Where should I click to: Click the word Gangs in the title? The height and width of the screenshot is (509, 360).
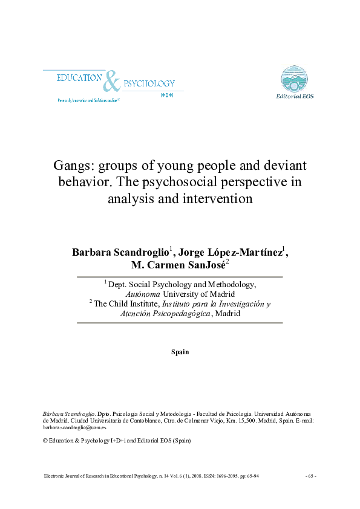71,166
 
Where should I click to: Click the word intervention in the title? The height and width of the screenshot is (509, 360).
218,197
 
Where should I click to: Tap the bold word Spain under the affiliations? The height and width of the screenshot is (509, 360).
180,352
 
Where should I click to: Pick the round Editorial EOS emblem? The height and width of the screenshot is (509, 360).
295,79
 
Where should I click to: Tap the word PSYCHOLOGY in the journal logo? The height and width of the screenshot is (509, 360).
149,83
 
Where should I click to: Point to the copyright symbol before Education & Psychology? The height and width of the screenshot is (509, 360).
45,441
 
